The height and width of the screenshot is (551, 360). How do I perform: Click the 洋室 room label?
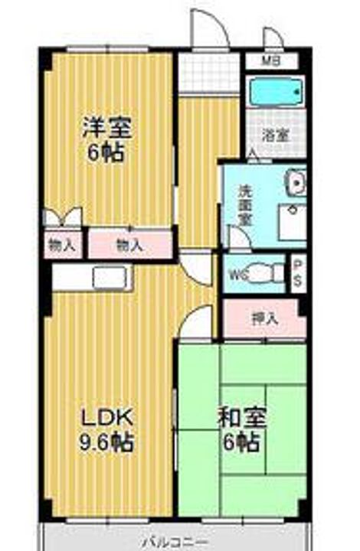[106, 126]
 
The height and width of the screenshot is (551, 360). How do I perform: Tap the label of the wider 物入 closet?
[129, 246]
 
